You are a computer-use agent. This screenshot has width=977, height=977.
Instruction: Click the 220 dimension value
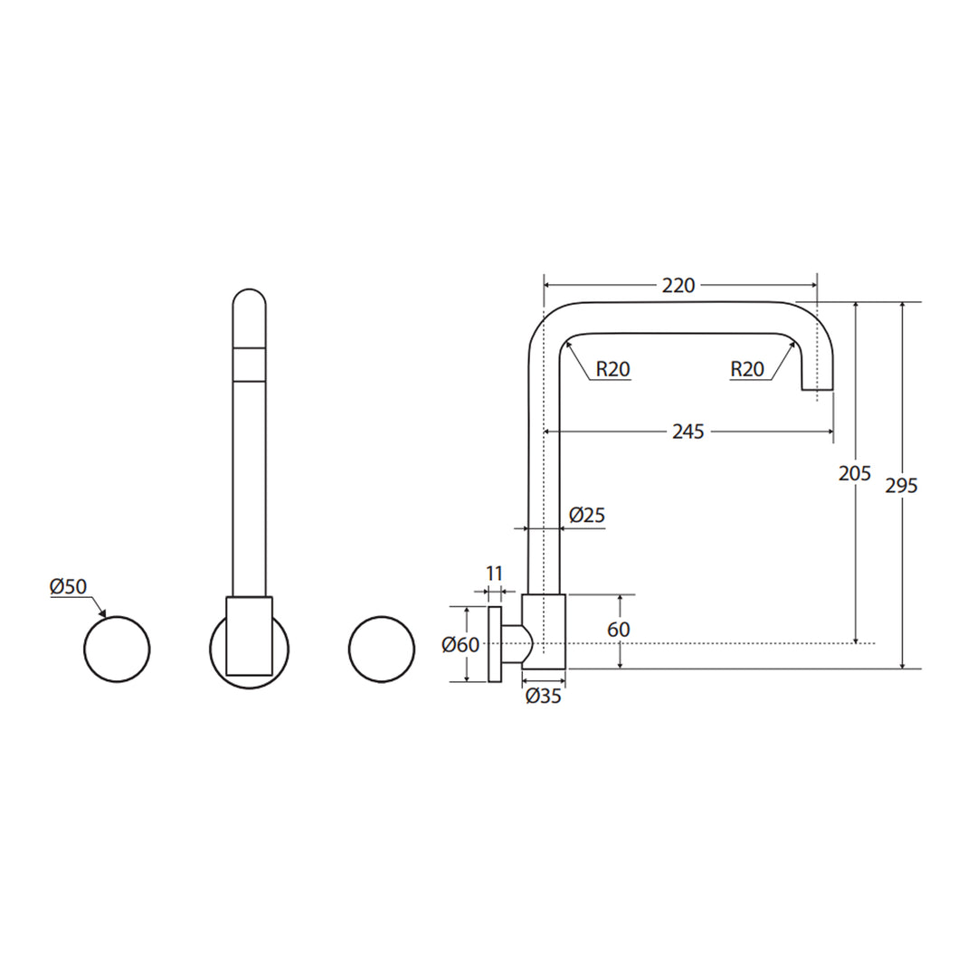pos(678,285)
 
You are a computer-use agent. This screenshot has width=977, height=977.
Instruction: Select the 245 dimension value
pos(688,432)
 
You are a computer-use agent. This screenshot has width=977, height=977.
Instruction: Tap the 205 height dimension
pos(855,473)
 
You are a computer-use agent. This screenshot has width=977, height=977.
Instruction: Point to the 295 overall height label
pos(902,486)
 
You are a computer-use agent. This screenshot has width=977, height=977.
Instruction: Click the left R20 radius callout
pos(612,369)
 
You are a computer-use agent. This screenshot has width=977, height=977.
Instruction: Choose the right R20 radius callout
pos(747,369)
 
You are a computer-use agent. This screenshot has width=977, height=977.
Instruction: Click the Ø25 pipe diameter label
pos(587,516)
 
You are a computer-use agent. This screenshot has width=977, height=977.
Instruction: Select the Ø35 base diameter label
pos(543,696)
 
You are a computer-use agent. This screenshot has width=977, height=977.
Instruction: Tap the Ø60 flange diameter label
pos(460,645)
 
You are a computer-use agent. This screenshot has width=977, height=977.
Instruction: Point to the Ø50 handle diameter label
pos(68,586)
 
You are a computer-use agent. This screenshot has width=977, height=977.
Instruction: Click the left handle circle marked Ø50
pos(117,650)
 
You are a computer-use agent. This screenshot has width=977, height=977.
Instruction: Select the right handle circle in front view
pos(382,650)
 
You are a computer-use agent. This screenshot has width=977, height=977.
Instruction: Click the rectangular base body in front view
pos(250,636)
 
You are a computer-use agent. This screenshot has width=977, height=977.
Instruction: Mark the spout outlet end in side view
pos(817,387)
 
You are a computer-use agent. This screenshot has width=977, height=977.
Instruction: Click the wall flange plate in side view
pos(495,644)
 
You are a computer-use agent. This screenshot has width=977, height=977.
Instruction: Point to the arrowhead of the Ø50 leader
pos(105,615)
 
